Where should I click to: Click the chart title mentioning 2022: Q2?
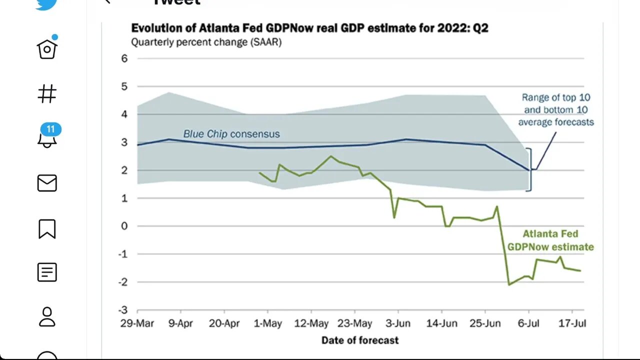click(309, 28)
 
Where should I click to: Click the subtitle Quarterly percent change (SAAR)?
click(206, 42)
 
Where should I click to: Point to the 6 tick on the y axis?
click(124, 58)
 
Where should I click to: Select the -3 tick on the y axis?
click(122, 309)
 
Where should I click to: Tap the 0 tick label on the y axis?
click(124, 226)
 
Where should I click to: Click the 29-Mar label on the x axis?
click(137, 323)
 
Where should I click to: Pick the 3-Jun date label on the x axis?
click(398, 323)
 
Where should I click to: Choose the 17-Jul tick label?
click(572, 323)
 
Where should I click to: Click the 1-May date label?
click(267, 323)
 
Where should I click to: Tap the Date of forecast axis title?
click(360, 340)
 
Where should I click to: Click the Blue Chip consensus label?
click(231, 134)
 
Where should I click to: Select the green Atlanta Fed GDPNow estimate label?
click(550, 240)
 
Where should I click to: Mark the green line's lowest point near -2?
click(509, 284)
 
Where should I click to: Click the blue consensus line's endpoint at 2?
click(530, 170)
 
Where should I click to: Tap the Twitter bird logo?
click(46, 4)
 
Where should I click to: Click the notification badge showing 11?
click(50, 129)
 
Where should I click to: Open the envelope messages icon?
click(47, 183)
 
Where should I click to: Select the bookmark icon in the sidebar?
click(47, 228)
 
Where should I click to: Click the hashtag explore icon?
click(47, 93)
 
